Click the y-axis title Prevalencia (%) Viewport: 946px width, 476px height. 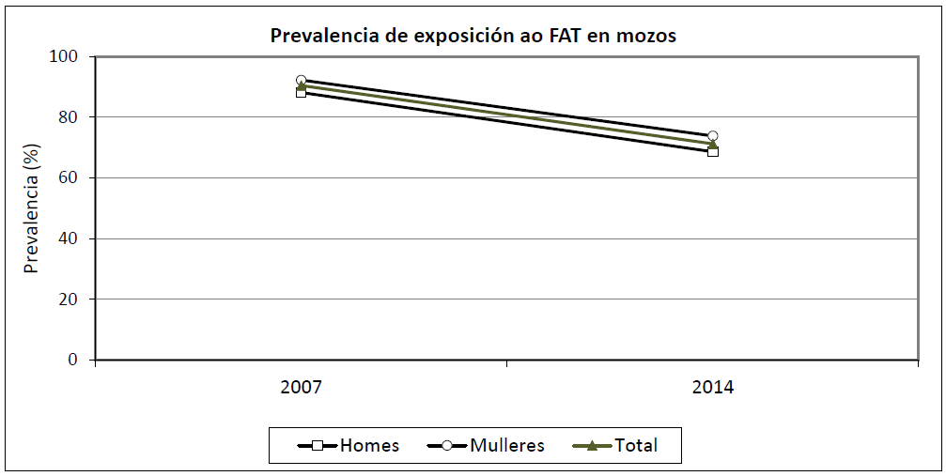[x=32, y=208]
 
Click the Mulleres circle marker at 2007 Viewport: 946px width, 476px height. [x=301, y=81]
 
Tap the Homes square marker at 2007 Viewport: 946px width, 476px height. [x=301, y=92]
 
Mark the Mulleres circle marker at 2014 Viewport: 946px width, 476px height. [x=713, y=136]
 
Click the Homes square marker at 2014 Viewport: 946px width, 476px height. [x=713, y=151]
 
